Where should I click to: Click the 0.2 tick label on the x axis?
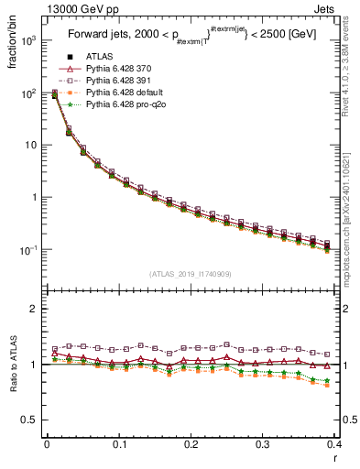point(191,444)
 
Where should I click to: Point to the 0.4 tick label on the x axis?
point(333,444)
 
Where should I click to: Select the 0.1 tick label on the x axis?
point(118,444)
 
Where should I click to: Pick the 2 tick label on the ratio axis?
point(36,309)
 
